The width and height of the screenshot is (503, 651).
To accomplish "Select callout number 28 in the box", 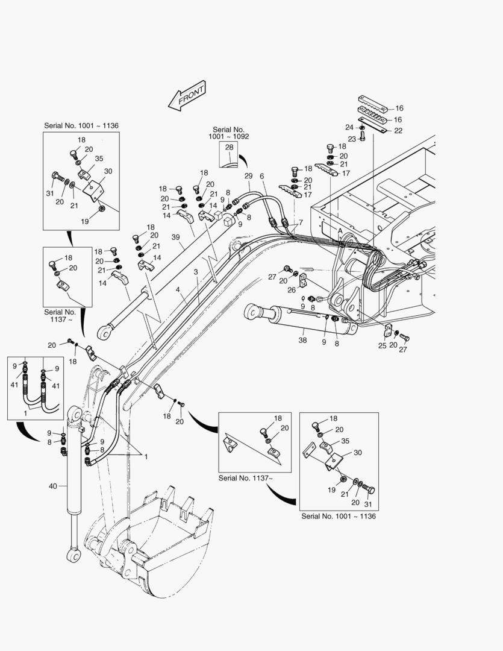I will [229, 148].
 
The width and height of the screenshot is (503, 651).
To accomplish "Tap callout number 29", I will [248, 175].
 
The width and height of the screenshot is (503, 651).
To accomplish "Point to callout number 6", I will [262, 175].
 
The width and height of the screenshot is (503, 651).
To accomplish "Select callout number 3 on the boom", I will [196, 272].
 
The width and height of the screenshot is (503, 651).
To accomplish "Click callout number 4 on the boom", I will [178, 290].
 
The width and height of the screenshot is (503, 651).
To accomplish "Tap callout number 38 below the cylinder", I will [303, 340].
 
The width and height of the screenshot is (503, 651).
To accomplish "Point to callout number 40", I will [52, 485].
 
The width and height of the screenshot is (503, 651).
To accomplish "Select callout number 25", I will [383, 345].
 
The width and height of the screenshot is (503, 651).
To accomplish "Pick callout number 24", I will [349, 127].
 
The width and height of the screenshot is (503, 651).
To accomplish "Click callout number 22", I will [398, 131].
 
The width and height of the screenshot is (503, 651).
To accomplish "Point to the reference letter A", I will [341, 231].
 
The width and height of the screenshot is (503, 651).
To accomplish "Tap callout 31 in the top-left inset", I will [49, 193].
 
